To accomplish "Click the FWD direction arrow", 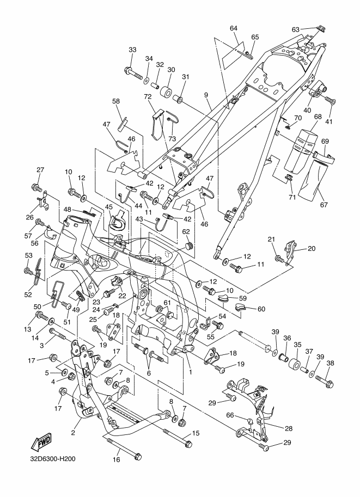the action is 41,442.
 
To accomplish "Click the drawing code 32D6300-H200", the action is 53,459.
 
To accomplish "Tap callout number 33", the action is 132,50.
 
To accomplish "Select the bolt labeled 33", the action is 134,72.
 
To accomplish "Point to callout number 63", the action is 295,30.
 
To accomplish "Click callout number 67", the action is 324,205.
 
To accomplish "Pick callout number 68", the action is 318,117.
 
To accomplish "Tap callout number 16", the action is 117,459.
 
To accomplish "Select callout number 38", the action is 330,363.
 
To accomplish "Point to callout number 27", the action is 40,170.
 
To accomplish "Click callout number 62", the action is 186,232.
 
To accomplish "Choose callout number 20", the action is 312,248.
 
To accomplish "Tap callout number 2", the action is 73,433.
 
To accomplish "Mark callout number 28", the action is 288,428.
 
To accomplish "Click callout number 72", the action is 148,96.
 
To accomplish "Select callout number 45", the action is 109,207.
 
